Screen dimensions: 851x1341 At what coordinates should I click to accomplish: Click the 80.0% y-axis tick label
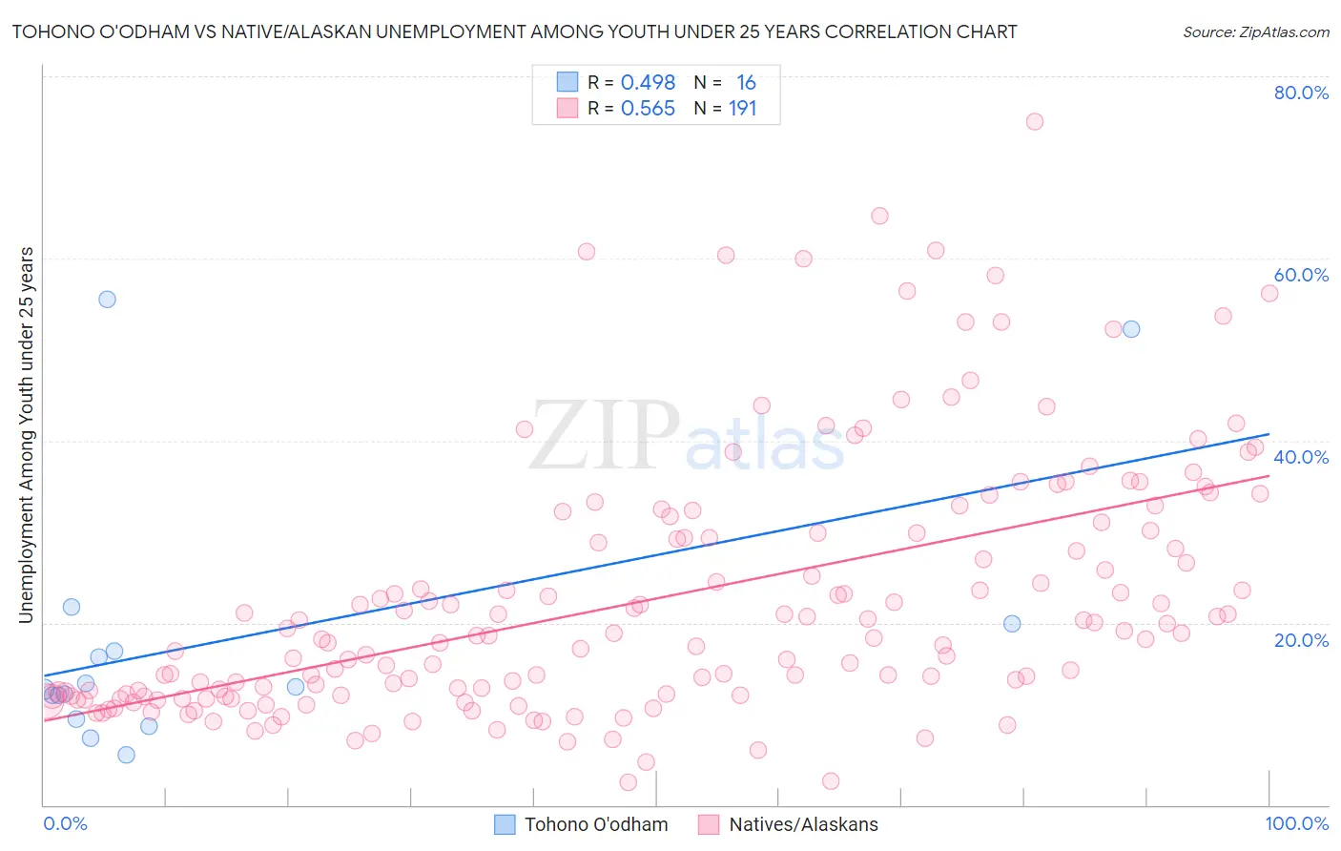[1301, 93]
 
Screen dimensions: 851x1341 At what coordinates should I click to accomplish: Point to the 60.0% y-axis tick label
[1301, 275]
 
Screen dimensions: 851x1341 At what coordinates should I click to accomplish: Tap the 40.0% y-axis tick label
[1301, 457]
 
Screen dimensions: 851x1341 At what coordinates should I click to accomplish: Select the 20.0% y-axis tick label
[1301, 639]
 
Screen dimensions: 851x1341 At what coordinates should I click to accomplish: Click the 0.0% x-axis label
[65, 823]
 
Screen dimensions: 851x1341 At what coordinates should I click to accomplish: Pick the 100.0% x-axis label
[1296, 823]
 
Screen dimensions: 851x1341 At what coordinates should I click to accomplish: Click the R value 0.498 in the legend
[648, 83]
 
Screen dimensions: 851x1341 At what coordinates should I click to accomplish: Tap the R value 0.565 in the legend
[648, 109]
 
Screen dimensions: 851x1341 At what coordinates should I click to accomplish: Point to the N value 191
[742, 109]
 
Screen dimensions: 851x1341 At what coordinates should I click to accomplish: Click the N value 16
[746, 83]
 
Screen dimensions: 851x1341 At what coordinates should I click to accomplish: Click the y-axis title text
[27, 435]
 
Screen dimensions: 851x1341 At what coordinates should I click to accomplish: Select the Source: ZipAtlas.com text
[1255, 32]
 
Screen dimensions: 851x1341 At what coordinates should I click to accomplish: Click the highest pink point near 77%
[1035, 121]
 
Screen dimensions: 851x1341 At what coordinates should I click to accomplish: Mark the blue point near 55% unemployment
[107, 299]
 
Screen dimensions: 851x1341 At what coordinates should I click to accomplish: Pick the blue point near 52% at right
[1131, 329]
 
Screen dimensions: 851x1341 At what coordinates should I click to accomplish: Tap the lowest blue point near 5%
[126, 755]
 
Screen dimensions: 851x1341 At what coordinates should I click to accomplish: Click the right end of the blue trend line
[1269, 434]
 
